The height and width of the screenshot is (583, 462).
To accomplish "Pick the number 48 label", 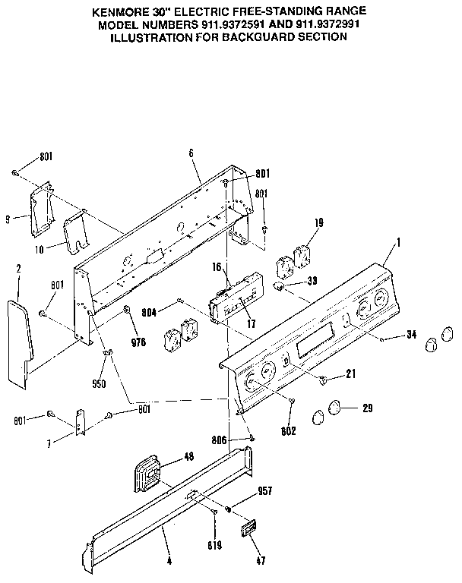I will tap(189, 457).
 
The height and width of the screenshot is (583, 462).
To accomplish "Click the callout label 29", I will tap(367, 408).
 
